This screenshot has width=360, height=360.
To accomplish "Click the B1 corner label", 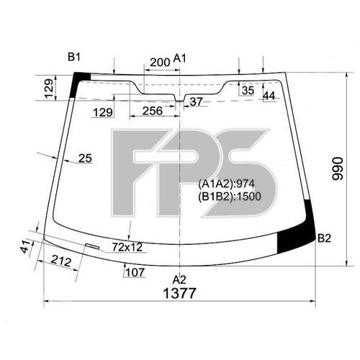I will click(x=75, y=57).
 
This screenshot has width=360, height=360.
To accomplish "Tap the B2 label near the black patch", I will click(x=324, y=238).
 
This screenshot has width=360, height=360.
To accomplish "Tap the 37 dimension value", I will click(x=195, y=102).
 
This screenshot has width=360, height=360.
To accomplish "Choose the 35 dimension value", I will click(x=247, y=91).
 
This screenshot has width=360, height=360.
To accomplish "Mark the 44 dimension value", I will click(x=269, y=95).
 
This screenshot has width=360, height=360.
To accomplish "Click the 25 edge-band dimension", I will click(x=85, y=158).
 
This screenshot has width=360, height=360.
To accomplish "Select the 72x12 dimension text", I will click(x=128, y=247).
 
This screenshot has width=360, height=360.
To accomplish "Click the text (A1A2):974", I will click(x=225, y=183).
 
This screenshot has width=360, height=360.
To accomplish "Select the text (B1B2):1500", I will click(x=228, y=194).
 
